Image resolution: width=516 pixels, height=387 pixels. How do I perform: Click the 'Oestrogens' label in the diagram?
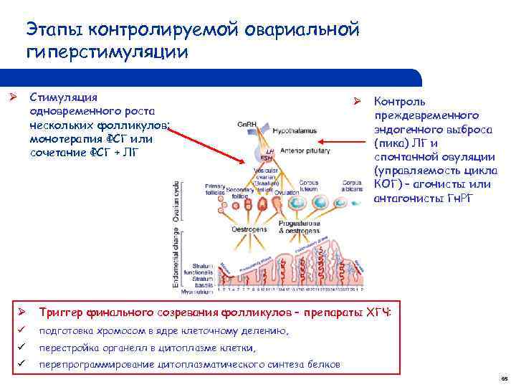click(249, 229)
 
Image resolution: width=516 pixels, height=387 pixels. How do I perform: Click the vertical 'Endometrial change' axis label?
click(176, 259)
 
